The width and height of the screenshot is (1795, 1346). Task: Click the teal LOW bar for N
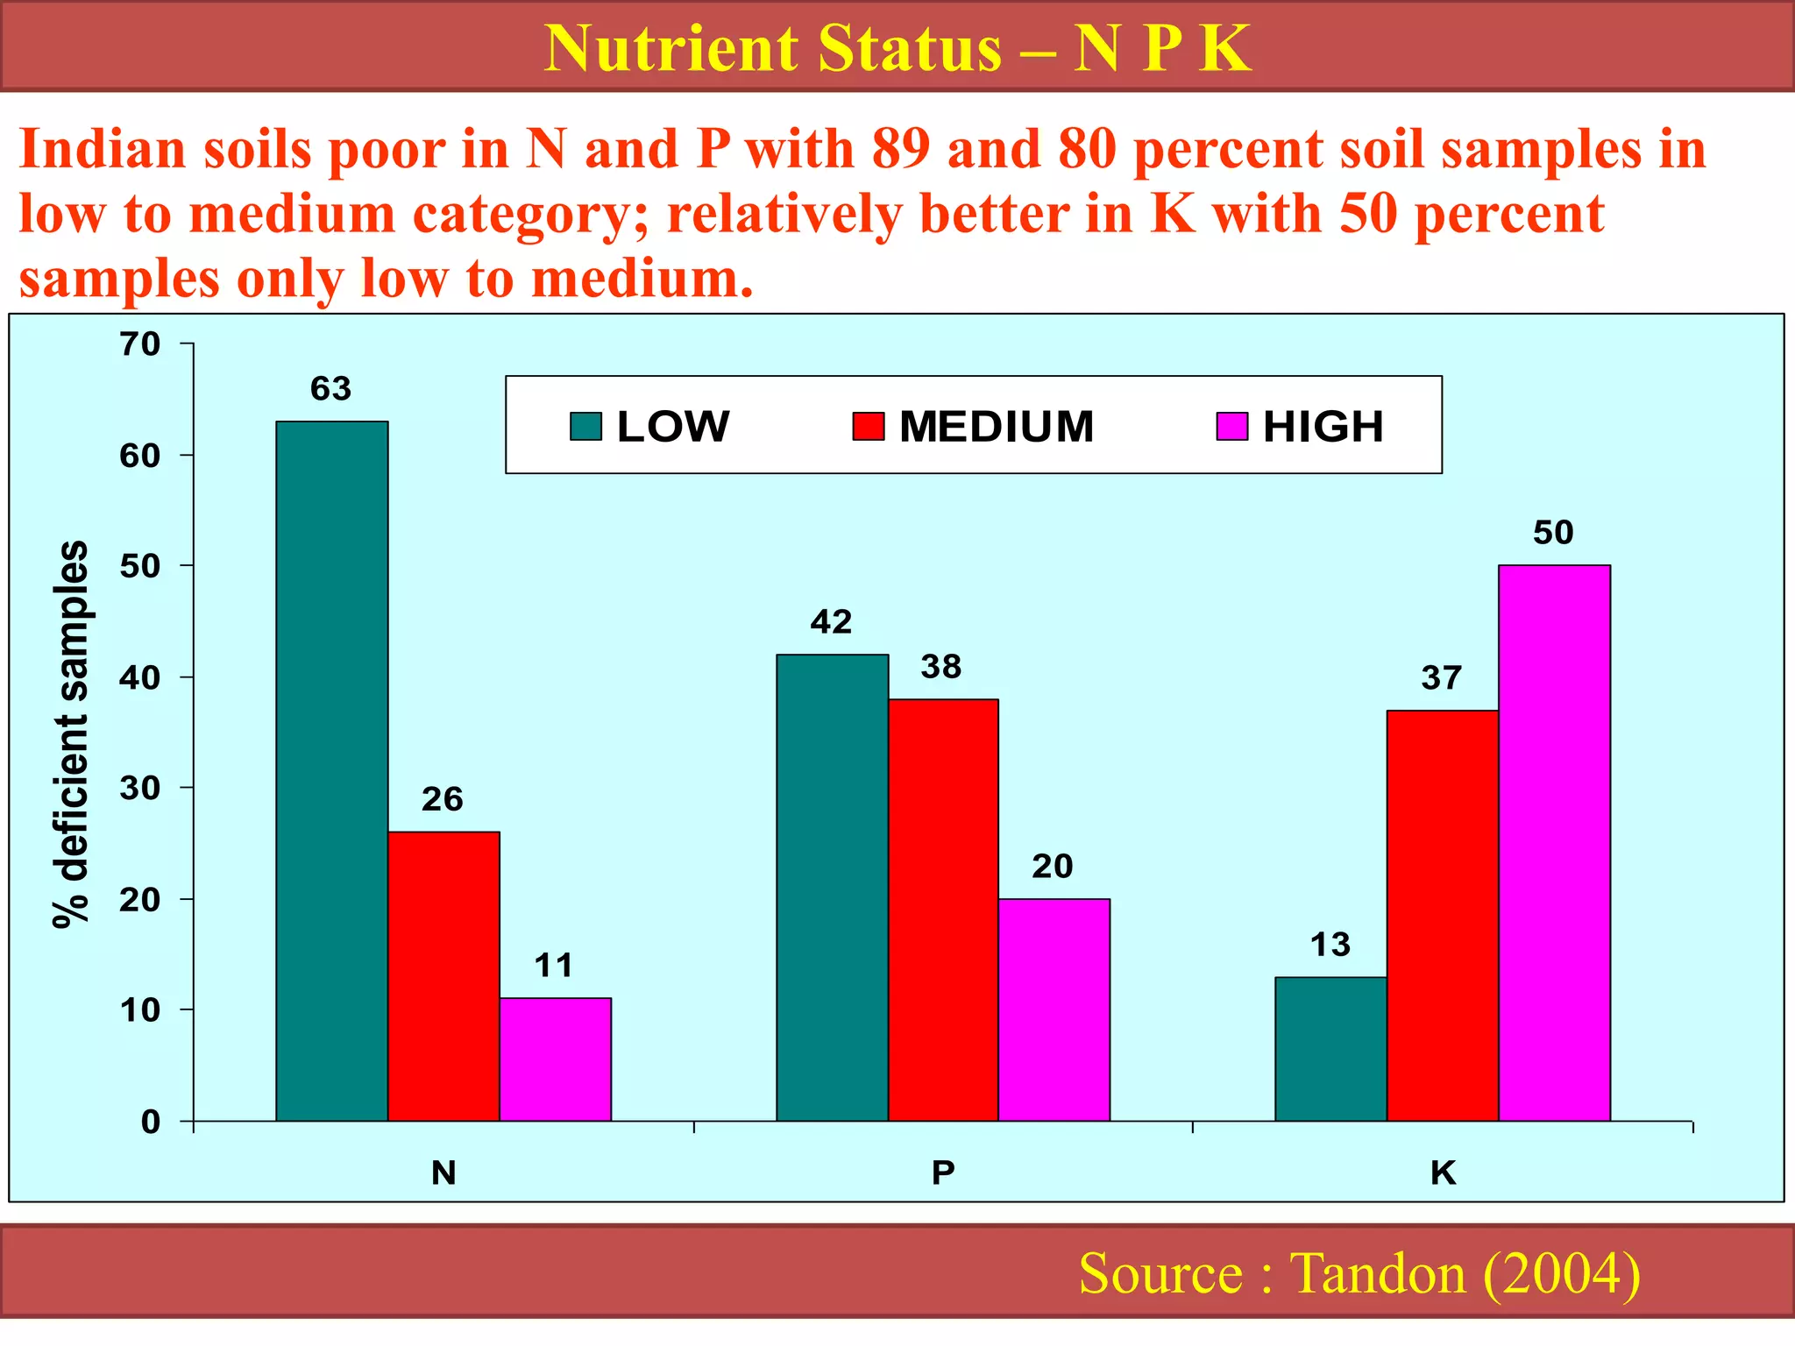pos(331,771)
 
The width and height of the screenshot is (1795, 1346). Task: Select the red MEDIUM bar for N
pos(443,976)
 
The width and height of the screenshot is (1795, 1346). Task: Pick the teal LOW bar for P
pos(832,887)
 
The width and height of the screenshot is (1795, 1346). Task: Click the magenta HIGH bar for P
pos(1054,1009)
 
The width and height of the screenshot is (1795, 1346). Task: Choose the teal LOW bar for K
pos(1330,1048)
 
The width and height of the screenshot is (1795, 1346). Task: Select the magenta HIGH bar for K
pos(1554,843)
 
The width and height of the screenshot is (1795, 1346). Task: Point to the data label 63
pos(330,388)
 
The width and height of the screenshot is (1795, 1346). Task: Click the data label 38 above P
pos(941,667)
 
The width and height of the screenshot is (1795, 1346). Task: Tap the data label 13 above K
pos(1330,945)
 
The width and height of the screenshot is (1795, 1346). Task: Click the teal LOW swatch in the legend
pos(585,427)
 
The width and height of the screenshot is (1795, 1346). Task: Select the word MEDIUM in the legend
pos(997,427)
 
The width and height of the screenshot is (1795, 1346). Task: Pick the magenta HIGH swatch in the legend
pos(1231,427)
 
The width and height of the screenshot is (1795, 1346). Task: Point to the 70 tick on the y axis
pos(140,344)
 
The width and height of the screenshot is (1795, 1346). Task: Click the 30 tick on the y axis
pos(140,789)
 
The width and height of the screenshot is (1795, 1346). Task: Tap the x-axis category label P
pos(942,1172)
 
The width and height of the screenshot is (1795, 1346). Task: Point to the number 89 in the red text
pos(900,149)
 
